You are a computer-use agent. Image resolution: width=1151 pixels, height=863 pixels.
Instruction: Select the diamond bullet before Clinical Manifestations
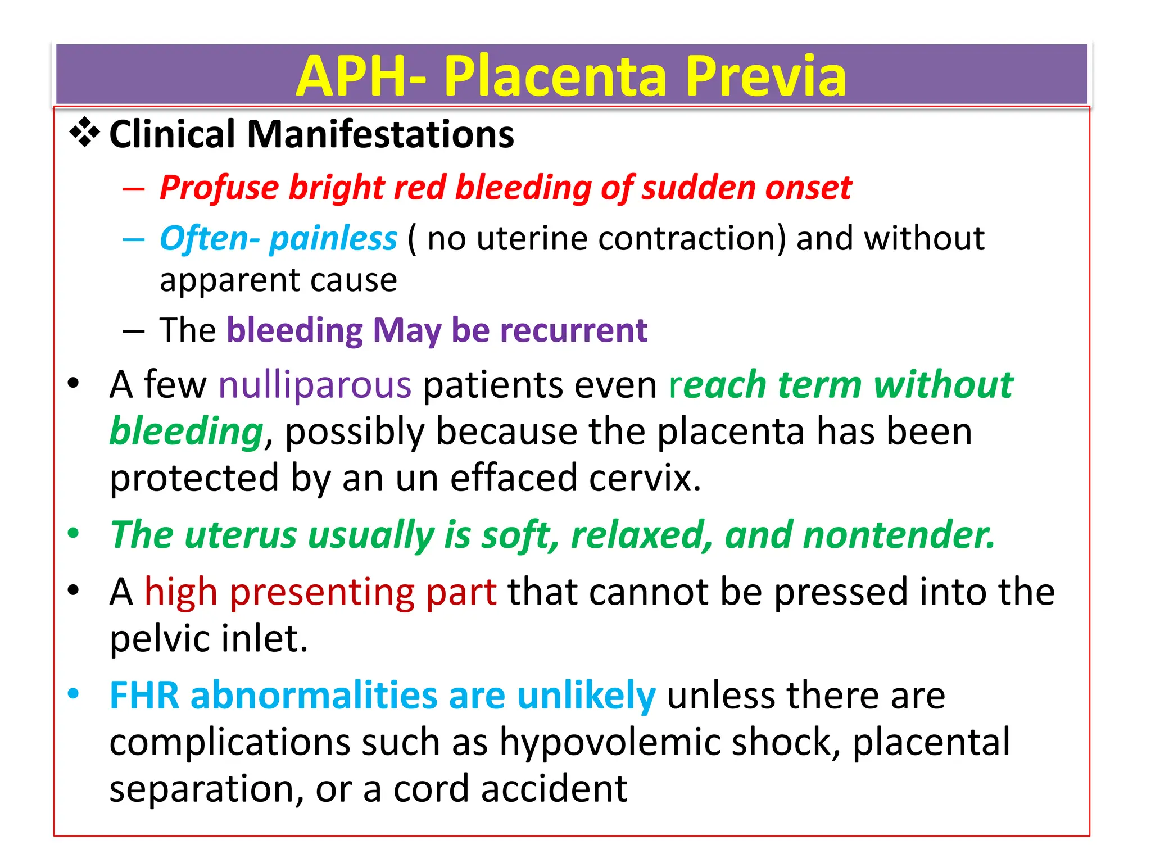tap(84, 133)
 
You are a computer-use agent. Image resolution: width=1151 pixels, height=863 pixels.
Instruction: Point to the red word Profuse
tap(219, 188)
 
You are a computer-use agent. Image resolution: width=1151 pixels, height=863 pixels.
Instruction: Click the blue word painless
tap(333, 239)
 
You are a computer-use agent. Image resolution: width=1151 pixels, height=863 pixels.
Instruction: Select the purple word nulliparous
tap(315, 385)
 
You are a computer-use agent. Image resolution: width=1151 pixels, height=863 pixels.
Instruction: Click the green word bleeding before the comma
tap(186, 431)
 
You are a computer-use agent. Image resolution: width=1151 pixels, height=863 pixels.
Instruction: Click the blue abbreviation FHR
tap(144, 696)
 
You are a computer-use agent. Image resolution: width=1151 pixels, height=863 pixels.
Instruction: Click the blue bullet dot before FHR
tap(73, 694)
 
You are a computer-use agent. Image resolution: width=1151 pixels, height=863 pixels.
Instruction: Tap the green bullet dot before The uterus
tap(73, 533)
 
